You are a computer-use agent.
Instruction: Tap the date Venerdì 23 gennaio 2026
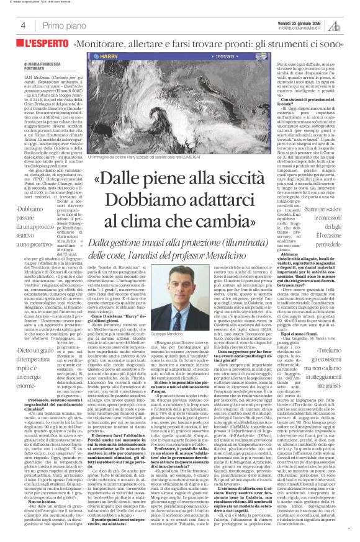pyautogui.click(x=296, y=21)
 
